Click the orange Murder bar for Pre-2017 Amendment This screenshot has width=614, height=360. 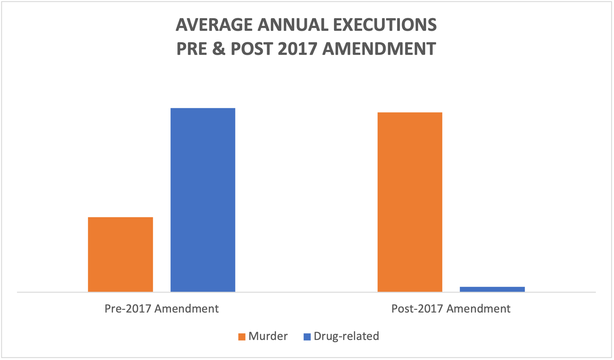120,254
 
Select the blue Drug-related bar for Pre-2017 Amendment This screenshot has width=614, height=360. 203,200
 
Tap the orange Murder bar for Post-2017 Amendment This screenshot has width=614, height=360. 410,202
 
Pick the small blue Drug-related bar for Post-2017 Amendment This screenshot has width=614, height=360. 492,289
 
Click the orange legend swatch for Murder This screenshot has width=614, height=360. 242,337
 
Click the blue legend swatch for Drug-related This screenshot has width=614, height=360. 307,337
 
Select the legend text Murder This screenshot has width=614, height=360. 268,336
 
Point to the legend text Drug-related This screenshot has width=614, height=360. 346,336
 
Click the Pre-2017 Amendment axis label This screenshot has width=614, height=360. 161,309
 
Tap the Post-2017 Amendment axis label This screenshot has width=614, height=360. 451,309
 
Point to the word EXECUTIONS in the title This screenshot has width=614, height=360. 385,25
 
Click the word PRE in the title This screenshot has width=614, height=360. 191,49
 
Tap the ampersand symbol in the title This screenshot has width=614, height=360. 219,49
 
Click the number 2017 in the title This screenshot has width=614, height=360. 297,49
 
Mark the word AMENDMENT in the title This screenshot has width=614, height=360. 379,49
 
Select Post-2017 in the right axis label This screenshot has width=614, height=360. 417,309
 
